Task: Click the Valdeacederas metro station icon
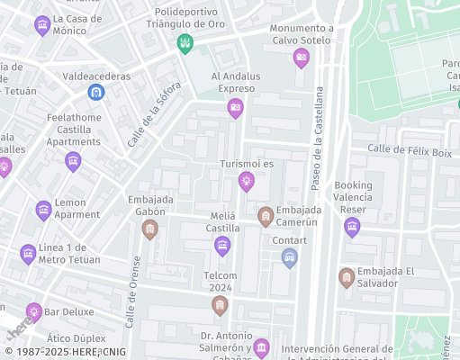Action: tap(95, 92)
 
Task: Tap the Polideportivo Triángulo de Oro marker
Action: tap(185, 43)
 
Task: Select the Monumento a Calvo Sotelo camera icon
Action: tap(302, 58)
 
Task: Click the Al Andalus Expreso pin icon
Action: tap(235, 109)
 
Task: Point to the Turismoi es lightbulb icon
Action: tap(246, 182)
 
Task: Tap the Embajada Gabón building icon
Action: tap(150, 230)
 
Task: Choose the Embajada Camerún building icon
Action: tap(266, 216)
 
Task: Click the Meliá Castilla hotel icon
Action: tap(222, 246)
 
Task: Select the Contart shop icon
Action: tap(289, 258)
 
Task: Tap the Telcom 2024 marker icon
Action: tap(220, 307)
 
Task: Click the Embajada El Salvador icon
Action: tap(347, 277)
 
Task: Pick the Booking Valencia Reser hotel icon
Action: tap(352, 228)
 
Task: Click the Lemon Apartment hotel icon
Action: tap(43, 211)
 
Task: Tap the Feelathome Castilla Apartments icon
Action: tap(73, 162)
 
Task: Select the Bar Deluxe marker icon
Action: tap(33, 312)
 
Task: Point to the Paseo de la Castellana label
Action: tap(317, 139)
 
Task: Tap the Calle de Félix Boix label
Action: tap(409, 149)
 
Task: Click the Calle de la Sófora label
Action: tap(154, 114)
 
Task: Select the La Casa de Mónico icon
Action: tap(41, 26)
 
